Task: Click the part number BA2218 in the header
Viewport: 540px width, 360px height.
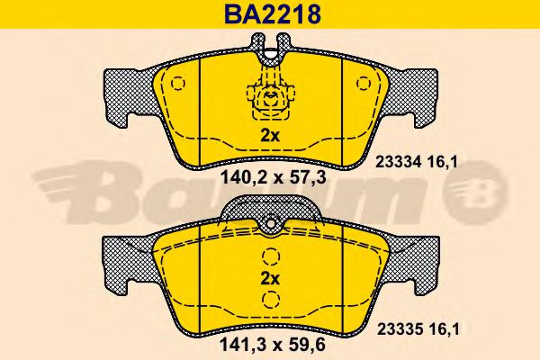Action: click(x=273, y=14)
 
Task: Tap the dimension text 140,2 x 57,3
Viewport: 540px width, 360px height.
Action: click(x=273, y=178)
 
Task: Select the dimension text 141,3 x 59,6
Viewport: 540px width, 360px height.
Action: click(x=272, y=346)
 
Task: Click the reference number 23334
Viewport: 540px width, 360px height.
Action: click(x=399, y=162)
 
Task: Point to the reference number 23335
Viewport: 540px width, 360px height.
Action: click(x=400, y=329)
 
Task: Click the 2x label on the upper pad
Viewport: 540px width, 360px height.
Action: click(x=270, y=137)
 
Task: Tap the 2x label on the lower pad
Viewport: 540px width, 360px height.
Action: click(x=270, y=279)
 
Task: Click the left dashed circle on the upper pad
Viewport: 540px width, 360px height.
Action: click(x=178, y=83)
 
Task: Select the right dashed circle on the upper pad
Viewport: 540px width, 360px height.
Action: click(x=364, y=83)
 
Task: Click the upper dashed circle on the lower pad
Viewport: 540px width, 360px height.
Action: click(x=271, y=256)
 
